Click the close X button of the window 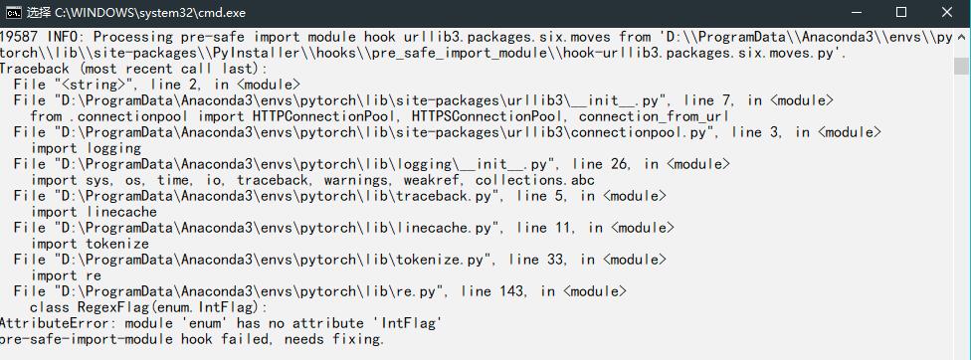tap(946, 13)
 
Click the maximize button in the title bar tap(901, 13)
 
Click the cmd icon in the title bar tap(13, 13)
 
